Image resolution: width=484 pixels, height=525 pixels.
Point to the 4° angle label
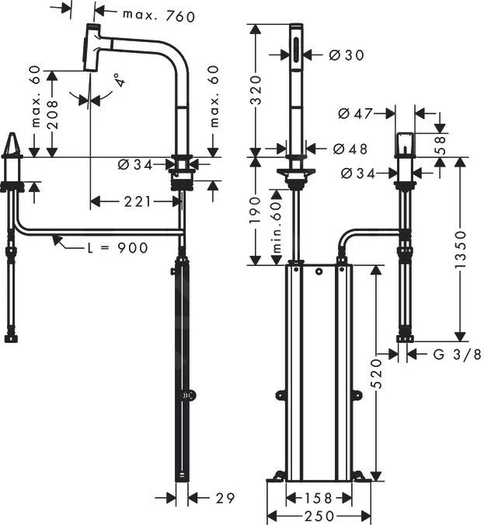[117, 80]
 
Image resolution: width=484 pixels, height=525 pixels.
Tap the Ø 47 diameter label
[354, 114]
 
